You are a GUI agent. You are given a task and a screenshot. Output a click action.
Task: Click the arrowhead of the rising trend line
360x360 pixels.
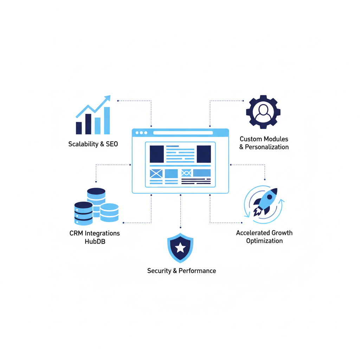pyautogui.click(x=108, y=98)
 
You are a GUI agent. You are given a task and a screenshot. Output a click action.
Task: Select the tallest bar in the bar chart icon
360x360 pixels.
pyautogui.click(x=107, y=121)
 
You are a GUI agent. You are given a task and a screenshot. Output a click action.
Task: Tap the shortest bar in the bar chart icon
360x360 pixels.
pyautogui.click(x=79, y=128)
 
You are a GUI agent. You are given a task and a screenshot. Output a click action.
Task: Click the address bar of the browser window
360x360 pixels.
pyautogui.click(x=183, y=133)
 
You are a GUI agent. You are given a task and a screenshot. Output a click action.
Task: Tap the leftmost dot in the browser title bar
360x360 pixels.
pyautogui.click(x=137, y=133)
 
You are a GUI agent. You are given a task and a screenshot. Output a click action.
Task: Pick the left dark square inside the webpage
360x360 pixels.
pyautogui.click(x=157, y=154)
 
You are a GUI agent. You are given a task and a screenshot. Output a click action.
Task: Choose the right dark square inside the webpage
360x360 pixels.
pyautogui.click(x=204, y=154)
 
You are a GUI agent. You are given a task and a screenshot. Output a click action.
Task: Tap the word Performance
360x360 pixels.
pyautogui.click(x=197, y=271)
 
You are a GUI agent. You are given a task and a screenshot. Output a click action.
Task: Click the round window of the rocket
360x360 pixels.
pyautogui.click(x=269, y=197)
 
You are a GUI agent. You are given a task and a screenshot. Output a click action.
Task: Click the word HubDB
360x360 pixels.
pyautogui.click(x=95, y=242)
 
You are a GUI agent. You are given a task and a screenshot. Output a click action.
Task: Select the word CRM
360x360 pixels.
pyautogui.click(x=76, y=233)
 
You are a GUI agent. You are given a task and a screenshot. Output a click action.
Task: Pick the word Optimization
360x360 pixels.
pyautogui.click(x=264, y=241)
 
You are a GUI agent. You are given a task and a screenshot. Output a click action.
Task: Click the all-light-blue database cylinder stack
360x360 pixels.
pyautogui.click(x=109, y=212)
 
